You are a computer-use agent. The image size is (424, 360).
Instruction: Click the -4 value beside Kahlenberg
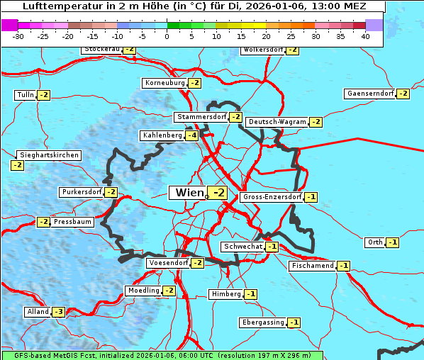pos(192,135)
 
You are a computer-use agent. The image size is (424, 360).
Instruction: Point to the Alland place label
pos(38,312)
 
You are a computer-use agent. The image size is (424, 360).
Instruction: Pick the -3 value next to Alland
pos(59,312)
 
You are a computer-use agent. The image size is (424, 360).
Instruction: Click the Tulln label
pos(25,95)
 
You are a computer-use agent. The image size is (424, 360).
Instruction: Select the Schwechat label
pos(242,247)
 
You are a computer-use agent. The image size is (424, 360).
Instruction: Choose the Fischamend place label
pos(312,266)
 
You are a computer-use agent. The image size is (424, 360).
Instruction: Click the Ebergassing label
pos(263,322)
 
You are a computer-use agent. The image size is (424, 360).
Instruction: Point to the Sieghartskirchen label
pos(48,155)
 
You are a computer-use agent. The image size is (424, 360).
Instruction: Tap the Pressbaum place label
pos(73,222)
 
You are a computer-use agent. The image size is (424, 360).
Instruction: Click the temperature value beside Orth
pos(393,242)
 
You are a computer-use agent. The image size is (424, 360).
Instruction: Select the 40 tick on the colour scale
pos(365,35)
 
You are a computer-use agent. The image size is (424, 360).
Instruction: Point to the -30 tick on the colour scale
pos(18,35)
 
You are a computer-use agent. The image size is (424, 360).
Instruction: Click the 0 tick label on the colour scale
pos(167,35)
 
